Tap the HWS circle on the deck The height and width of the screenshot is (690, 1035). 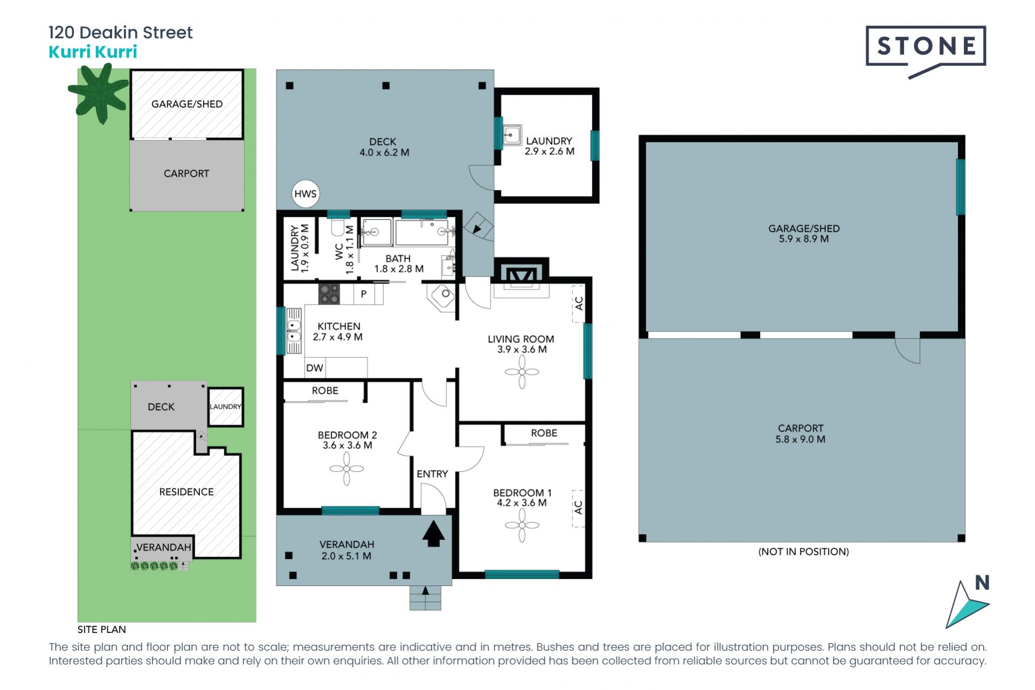tap(305, 194)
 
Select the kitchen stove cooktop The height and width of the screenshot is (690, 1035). tap(329, 294)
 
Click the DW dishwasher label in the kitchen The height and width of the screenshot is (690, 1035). tap(315, 368)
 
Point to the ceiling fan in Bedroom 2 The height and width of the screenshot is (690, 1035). tap(347, 468)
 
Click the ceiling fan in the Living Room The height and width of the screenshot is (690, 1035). tap(522, 372)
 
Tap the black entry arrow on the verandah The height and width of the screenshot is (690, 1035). tap(433, 534)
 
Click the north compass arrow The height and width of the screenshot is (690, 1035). tap(967, 604)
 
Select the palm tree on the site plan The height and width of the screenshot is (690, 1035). tap(99, 93)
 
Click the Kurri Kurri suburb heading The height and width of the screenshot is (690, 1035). tap(93, 52)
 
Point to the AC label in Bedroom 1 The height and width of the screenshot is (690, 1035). tap(578, 508)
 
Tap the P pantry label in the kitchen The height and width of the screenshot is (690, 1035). tap(364, 294)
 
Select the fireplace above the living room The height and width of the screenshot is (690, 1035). tap(522, 275)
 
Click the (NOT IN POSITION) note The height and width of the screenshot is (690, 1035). tap(803, 551)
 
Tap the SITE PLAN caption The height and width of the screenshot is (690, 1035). tap(101, 629)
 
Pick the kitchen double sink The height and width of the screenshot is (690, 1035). tap(294, 331)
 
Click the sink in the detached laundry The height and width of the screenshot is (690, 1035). tap(512, 135)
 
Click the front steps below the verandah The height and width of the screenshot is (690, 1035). tap(425, 598)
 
